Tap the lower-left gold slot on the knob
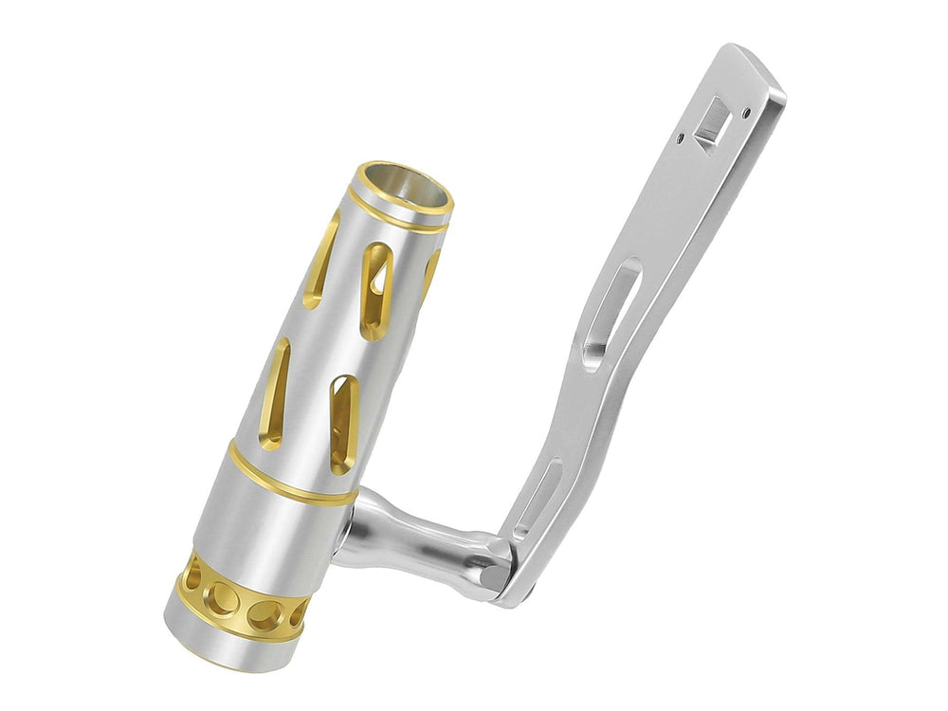(275, 392)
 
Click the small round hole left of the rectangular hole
(681, 138)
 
